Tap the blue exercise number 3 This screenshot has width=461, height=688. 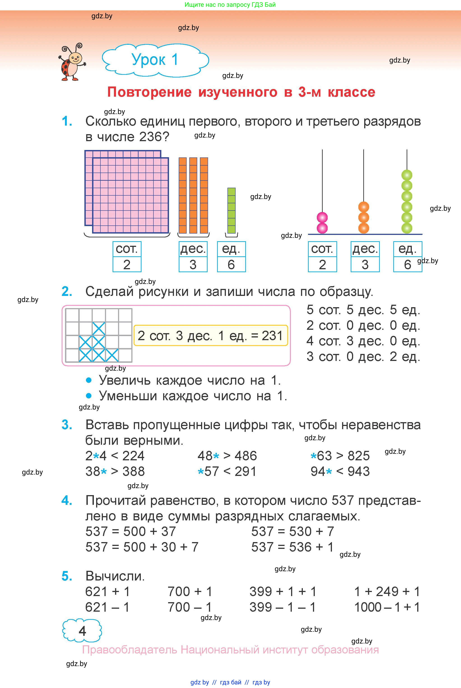coord(67,425)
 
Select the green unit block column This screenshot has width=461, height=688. coord(231,211)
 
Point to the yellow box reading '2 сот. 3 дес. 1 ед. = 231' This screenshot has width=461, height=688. coord(210,335)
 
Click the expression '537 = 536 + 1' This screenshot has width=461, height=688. coord(292,547)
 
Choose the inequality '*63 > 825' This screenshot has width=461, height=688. coord(340,456)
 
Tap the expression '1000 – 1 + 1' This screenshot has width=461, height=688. coord(387,607)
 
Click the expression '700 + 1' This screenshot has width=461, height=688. coord(190,592)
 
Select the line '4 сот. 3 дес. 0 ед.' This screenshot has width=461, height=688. coord(363,341)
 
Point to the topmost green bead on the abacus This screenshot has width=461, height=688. coord(407,175)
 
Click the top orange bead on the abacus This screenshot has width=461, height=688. coord(364,207)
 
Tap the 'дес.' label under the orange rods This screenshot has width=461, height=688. coord(193,249)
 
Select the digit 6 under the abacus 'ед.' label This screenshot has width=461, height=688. coord(408,264)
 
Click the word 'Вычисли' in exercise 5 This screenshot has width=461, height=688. coord(115,576)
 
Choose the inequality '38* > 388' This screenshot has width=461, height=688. coord(115,471)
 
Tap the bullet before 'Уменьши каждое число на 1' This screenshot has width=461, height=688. coord(89,396)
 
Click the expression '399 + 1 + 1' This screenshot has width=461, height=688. coord(283,592)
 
